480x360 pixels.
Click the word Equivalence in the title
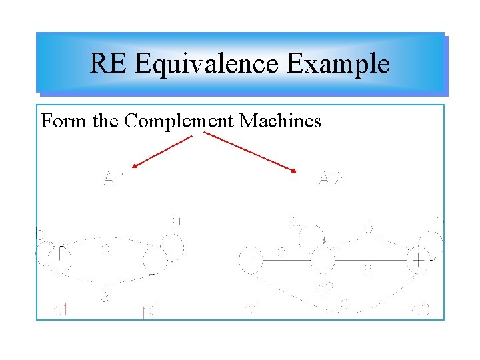[x=207, y=64]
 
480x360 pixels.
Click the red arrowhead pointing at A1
[x=134, y=166]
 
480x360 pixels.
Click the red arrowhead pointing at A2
[x=295, y=172]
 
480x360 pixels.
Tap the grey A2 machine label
[x=330, y=178]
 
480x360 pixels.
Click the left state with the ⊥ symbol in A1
[x=61, y=257]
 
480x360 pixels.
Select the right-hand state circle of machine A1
[x=154, y=259]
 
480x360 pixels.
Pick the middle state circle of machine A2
[x=323, y=259]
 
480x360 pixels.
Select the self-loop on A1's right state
[x=171, y=245]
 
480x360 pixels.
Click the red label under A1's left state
[x=61, y=310]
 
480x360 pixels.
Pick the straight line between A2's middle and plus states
[x=370, y=259]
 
